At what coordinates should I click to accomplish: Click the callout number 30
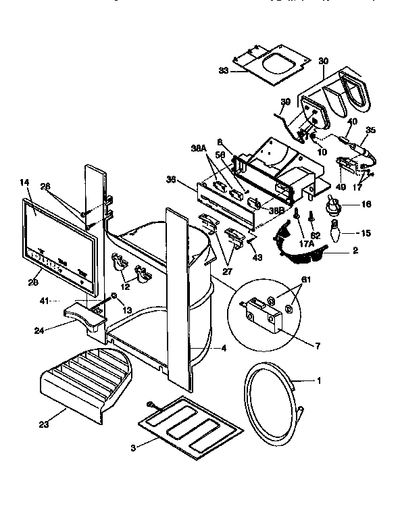click(323, 60)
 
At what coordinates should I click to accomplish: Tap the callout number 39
click(285, 101)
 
